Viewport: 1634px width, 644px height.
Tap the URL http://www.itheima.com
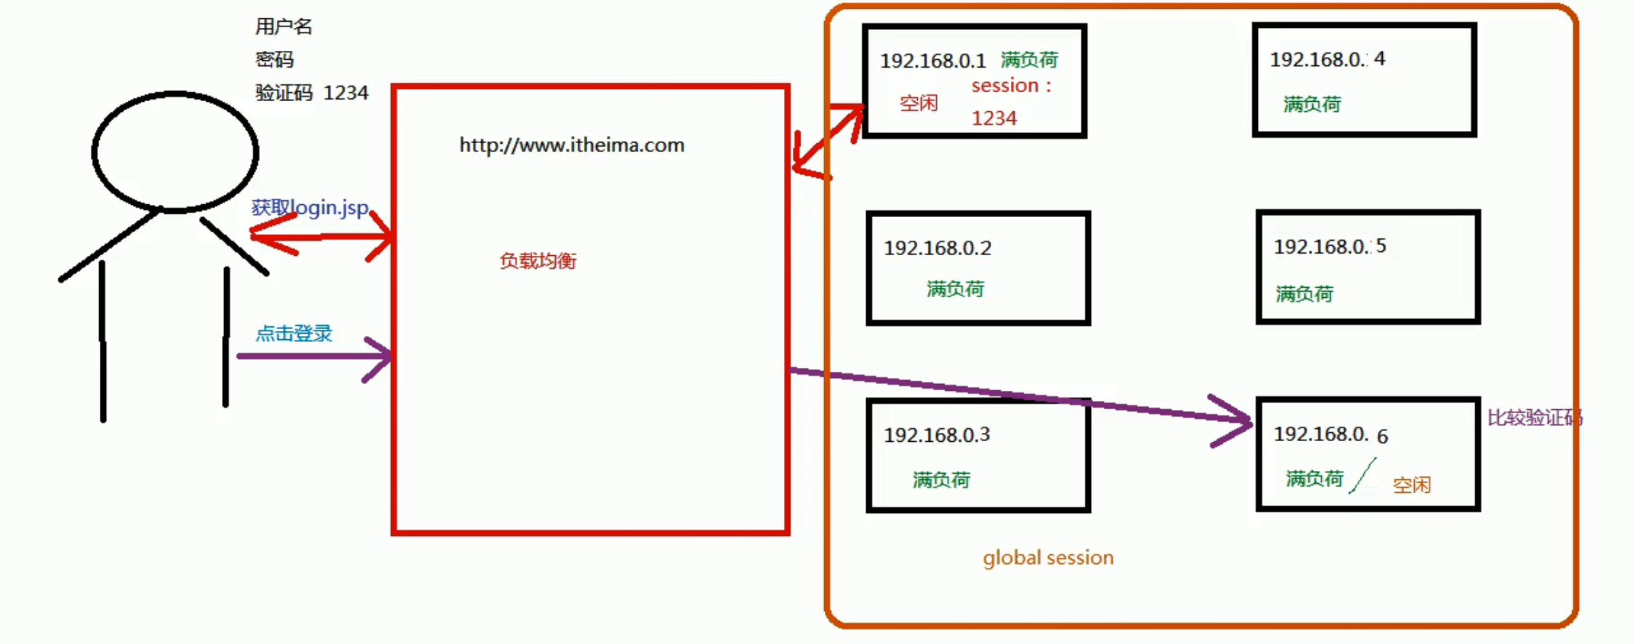click(x=572, y=145)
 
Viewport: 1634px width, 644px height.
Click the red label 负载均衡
click(x=538, y=261)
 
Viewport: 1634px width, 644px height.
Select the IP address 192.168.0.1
click(x=933, y=61)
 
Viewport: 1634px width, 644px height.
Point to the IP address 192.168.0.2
click(x=937, y=248)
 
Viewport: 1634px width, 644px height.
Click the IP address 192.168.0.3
click(x=937, y=435)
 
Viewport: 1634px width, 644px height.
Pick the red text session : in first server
click(x=1011, y=86)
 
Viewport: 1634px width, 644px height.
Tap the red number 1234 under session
click(x=994, y=118)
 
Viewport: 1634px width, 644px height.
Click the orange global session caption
click(x=1047, y=558)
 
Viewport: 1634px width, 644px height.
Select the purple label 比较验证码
click(x=1534, y=417)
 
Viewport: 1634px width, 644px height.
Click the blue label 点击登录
click(x=294, y=333)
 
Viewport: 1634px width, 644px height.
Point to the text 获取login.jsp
click(x=310, y=207)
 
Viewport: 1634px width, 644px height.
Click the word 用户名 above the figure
click(x=284, y=26)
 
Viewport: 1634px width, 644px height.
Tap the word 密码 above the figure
click(x=274, y=60)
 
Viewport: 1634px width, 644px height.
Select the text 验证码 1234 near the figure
click(x=312, y=92)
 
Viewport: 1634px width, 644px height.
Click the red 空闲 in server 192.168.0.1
click(x=918, y=103)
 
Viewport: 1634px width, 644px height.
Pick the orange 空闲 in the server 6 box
click(x=1411, y=485)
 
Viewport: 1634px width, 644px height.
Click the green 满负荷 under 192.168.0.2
click(x=955, y=289)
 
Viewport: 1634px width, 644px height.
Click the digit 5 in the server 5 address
click(x=1381, y=246)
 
